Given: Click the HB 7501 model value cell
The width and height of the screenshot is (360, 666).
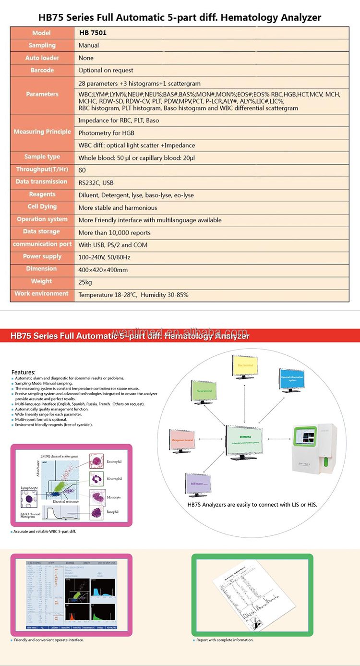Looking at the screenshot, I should pos(93,33).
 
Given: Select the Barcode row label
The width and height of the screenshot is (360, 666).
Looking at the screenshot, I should pos(42,70).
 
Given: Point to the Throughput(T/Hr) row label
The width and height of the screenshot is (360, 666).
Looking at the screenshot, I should pos(42,170).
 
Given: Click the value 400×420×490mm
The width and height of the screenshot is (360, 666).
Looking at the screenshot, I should pos(103,269).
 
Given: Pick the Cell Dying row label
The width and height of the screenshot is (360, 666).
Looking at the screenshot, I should pos(42,207).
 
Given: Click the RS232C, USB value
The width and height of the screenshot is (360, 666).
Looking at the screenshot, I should pos(96,182).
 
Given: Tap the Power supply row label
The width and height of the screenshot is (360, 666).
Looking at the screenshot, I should pos(42,256).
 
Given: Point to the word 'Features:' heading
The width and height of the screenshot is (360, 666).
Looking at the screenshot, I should pos(24,372).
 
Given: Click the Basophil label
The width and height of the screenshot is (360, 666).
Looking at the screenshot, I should pos(113,511).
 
